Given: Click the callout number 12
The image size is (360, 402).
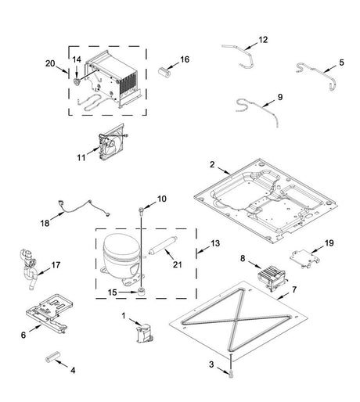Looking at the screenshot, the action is (x=263, y=40).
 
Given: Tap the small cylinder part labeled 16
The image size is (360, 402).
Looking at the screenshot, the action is (x=164, y=71).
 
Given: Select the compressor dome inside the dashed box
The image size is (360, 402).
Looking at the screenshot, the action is (x=121, y=260).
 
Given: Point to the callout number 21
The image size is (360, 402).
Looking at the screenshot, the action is (x=178, y=264).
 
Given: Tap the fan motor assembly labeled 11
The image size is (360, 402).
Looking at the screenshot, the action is (x=112, y=142).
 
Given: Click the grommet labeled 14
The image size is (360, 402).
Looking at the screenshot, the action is (x=77, y=81).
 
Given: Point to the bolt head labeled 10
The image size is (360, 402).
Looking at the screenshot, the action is (x=141, y=210).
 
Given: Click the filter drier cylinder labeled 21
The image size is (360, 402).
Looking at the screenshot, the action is (x=163, y=246).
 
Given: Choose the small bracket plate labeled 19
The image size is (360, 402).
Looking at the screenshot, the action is (x=305, y=258).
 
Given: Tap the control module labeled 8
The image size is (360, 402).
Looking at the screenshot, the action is (x=272, y=278).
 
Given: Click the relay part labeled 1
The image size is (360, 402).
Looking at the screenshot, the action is (x=144, y=332).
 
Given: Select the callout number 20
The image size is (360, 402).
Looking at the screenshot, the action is (x=50, y=63).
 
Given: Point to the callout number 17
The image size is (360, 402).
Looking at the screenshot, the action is (x=56, y=265).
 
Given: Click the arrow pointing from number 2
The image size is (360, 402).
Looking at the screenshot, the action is (x=224, y=170).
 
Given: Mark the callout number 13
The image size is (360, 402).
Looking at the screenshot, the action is (x=215, y=243).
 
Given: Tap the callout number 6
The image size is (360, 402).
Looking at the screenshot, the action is (x=23, y=335).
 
